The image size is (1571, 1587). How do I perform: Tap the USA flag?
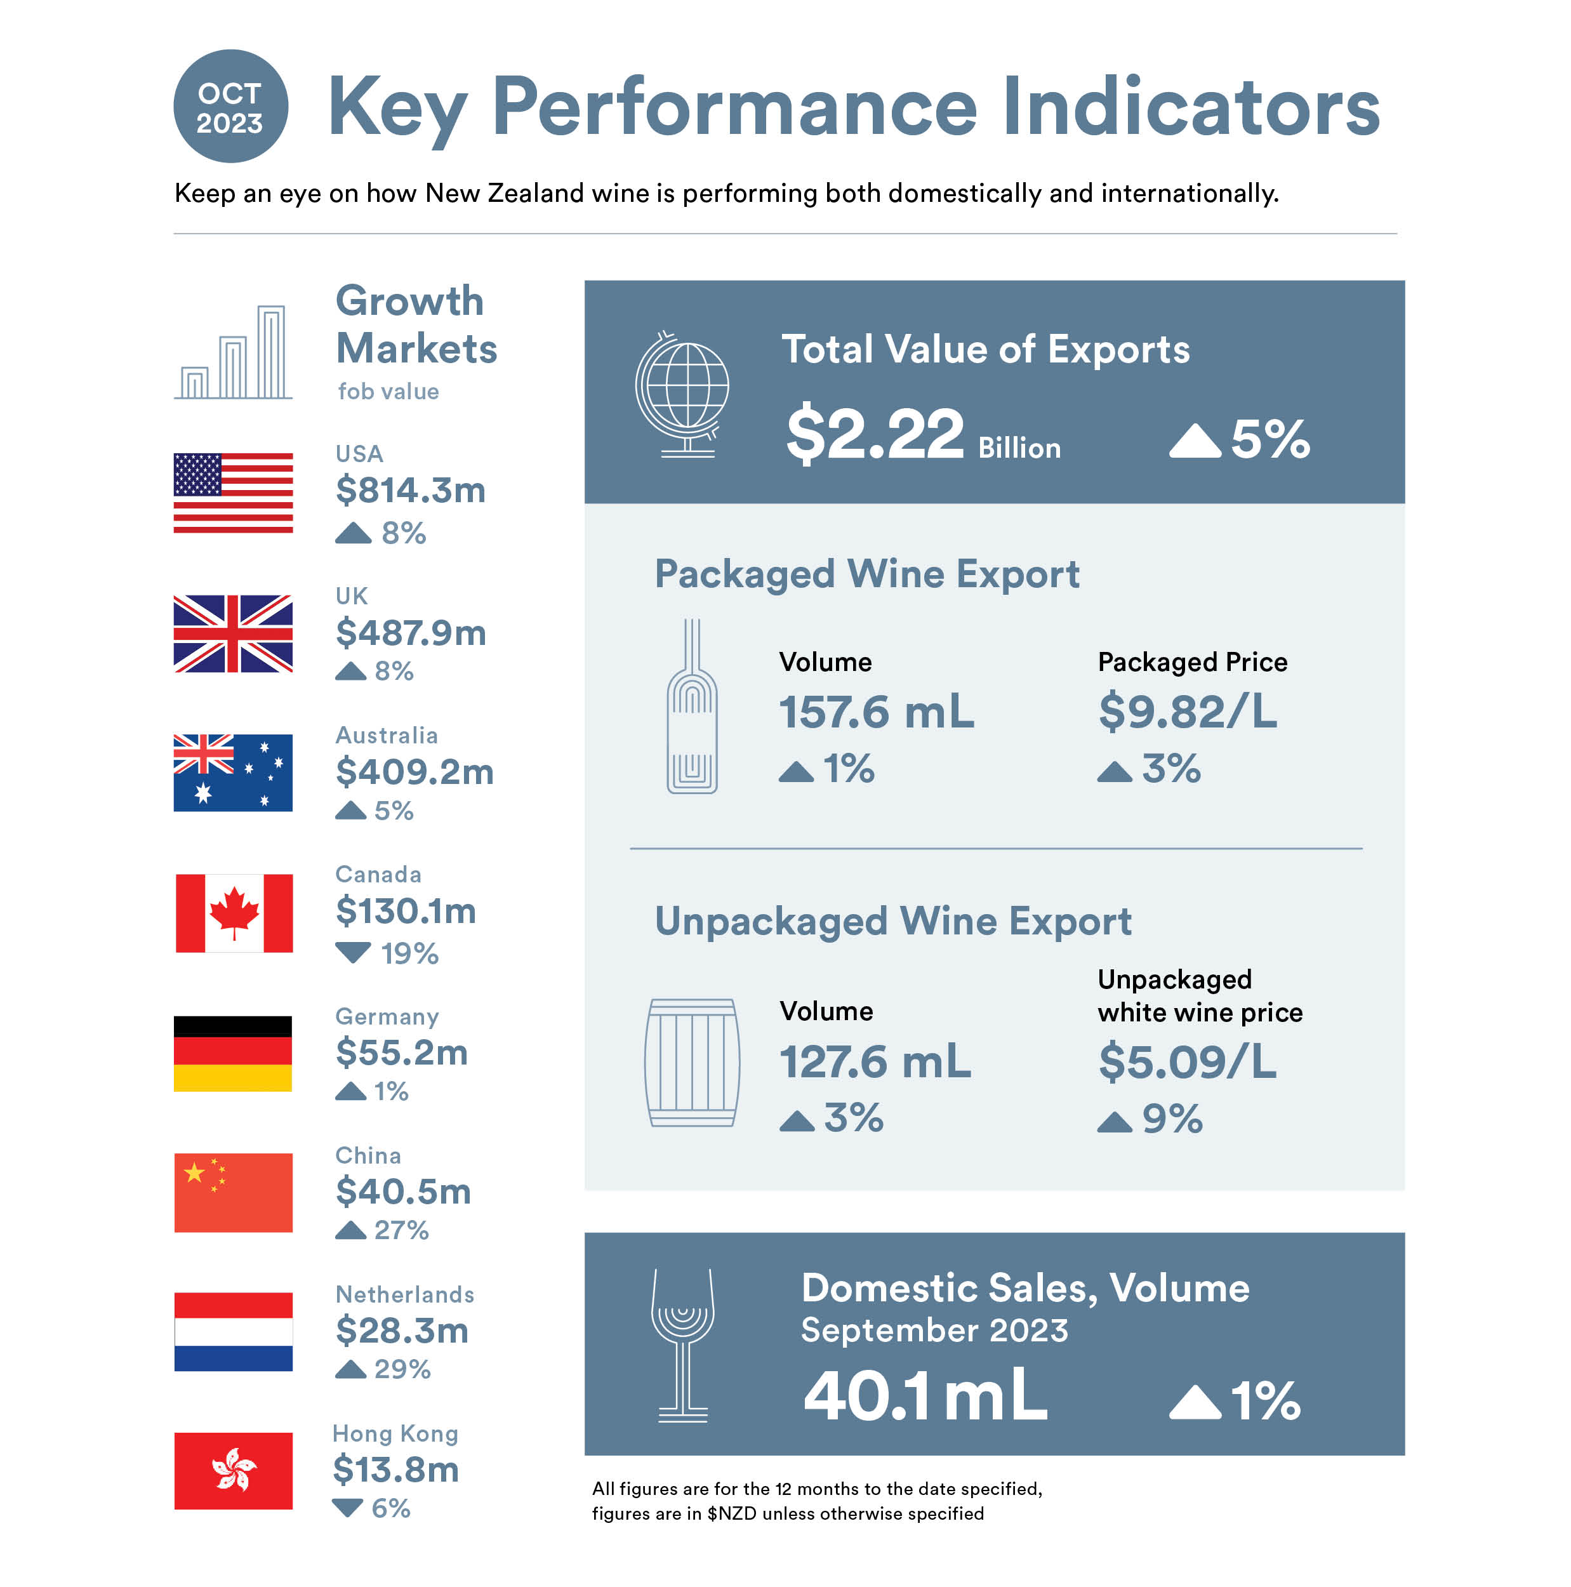233,493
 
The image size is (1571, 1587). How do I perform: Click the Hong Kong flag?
233,1470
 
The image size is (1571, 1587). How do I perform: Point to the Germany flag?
233,1053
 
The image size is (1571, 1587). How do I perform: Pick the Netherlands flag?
233,1332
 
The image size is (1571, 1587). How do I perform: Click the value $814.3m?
411,491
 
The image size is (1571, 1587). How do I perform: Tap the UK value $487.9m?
411,632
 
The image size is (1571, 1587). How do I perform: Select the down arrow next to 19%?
353,953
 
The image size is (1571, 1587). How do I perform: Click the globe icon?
682,394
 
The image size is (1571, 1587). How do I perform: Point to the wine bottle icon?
691,707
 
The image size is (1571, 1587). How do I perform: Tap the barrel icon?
691,1062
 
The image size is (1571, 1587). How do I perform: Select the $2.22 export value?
875,434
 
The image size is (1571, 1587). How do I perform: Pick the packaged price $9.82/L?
1188,712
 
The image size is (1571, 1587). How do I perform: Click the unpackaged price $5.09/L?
1188,1061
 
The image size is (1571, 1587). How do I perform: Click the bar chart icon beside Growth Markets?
233,352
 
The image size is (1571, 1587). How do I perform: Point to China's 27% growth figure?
401,1230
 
